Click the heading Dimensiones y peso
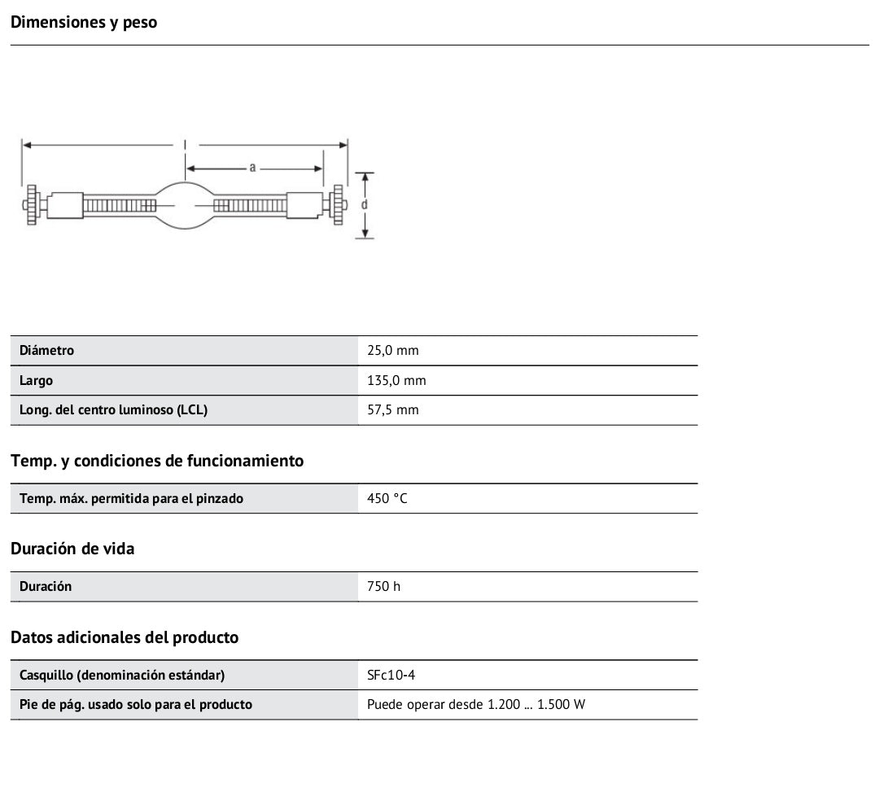click(x=84, y=22)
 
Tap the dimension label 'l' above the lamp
click(x=185, y=144)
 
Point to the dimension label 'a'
click(x=253, y=168)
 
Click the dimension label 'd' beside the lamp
click(x=365, y=204)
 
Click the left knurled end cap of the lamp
click(x=32, y=204)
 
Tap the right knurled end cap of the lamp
click(x=337, y=204)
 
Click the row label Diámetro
click(x=46, y=351)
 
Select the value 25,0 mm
click(x=393, y=351)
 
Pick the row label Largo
click(x=37, y=380)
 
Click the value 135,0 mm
click(x=396, y=380)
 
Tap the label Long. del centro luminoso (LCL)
click(x=113, y=410)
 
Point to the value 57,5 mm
click(x=393, y=410)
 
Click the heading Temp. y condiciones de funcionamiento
click(x=157, y=461)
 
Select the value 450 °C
click(x=387, y=498)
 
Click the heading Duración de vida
click(x=72, y=549)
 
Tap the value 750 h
click(x=383, y=586)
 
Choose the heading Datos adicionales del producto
click(x=125, y=637)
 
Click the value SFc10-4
click(x=391, y=675)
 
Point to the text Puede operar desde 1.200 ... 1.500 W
click(x=476, y=704)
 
